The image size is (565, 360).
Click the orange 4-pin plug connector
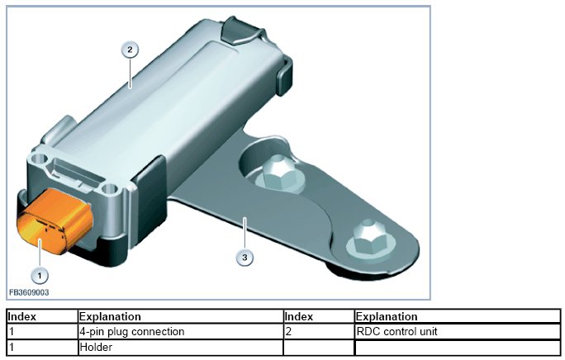[54, 220]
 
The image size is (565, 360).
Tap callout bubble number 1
[40, 276]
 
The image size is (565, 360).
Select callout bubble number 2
[130, 50]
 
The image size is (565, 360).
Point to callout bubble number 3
[245, 258]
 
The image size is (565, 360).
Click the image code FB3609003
[29, 292]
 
